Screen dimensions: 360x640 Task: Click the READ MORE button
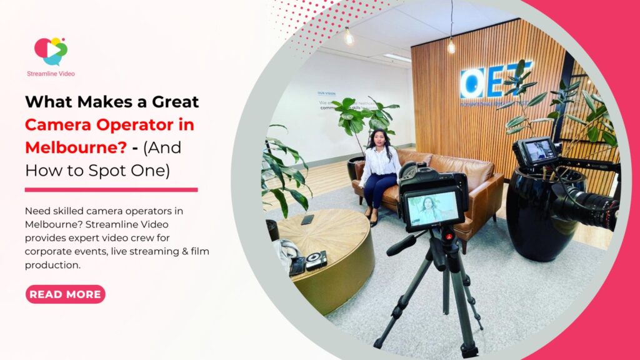(65, 294)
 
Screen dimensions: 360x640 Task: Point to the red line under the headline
(111, 189)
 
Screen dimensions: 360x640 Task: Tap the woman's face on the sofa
(379, 138)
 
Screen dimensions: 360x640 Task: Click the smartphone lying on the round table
(307, 219)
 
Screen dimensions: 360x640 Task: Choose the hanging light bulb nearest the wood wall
(451, 45)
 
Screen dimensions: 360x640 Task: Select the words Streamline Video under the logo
(51, 74)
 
